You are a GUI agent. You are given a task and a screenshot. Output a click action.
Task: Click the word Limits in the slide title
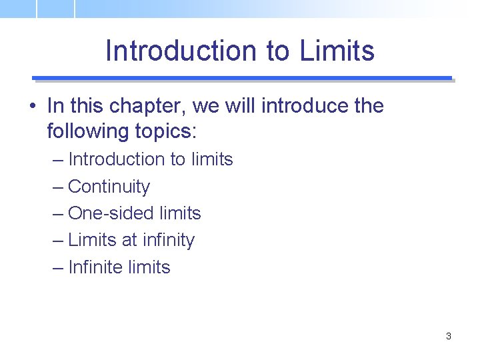click(x=337, y=51)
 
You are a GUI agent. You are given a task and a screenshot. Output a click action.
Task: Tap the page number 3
click(x=449, y=336)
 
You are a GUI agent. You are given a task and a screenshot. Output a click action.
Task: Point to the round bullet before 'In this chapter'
click(x=32, y=106)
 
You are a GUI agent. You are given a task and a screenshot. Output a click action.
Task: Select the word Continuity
click(x=109, y=187)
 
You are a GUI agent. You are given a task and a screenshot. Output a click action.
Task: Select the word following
click(x=85, y=131)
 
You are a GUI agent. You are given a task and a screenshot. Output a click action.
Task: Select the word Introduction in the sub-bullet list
click(x=116, y=159)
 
